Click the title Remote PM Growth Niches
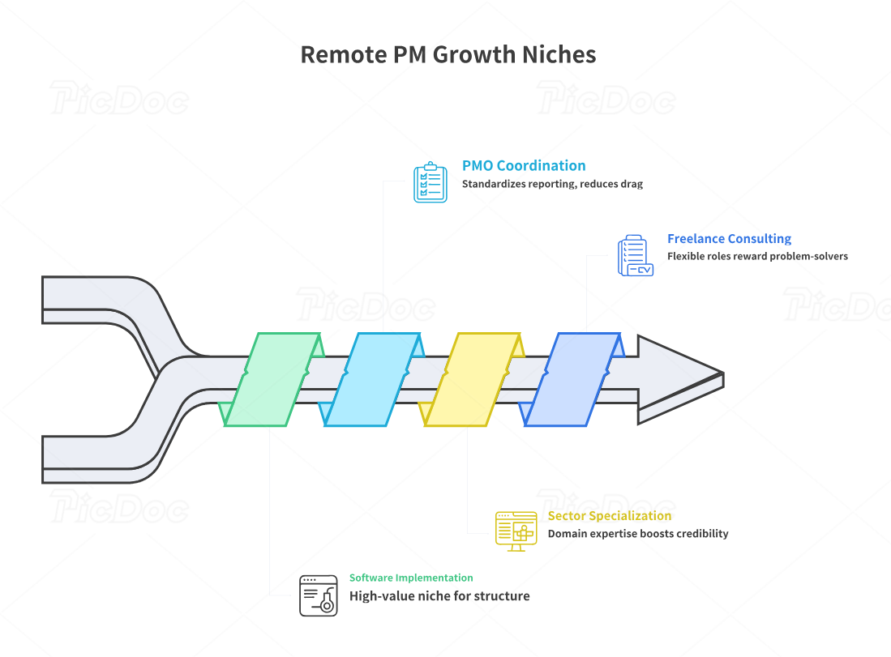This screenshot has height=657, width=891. tap(448, 54)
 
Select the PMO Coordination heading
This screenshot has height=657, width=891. tap(524, 165)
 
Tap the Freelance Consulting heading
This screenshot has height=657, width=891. tap(729, 238)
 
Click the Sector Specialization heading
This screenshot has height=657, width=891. tap(609, 515)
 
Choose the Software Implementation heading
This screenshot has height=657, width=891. tap(411, 578)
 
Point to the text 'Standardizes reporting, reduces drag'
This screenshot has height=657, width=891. tap(552, 184)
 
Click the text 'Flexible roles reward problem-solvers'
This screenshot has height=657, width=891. tap(757, 256)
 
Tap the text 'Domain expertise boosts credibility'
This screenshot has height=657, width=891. tap(637, 534)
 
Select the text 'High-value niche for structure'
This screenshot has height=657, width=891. tap(439, 596)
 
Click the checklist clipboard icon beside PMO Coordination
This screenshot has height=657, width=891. tap(430, 182)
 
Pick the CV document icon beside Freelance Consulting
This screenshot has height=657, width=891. tap(635, 256)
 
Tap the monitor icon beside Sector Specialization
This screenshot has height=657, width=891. tap(516, 531)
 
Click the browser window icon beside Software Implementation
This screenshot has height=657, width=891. tap(318, 595)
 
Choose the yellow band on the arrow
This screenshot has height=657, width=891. tap(473, 379)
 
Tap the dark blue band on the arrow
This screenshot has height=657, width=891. tap(573, 379)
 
